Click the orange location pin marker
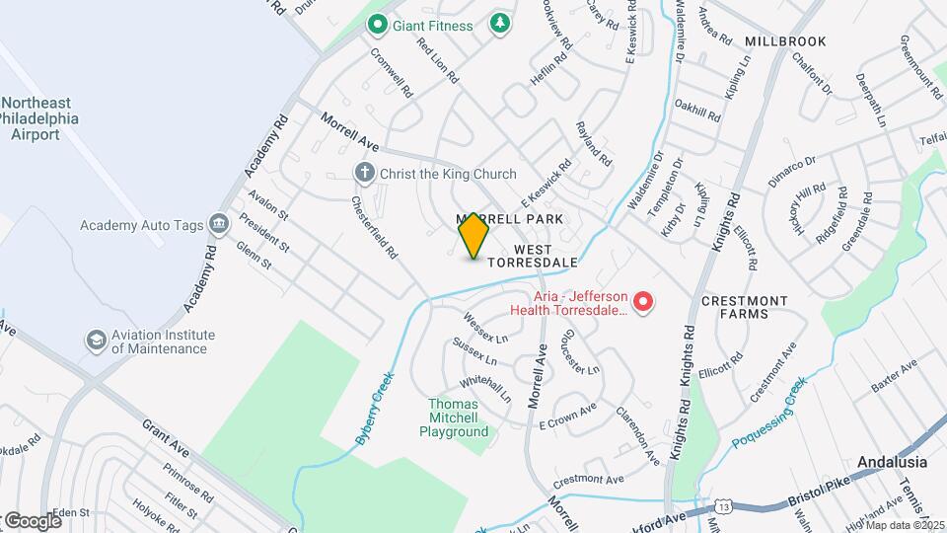(473, 235)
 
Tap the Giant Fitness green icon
(376, 24)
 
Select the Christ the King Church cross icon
(364, 174)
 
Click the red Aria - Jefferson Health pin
(643, 301)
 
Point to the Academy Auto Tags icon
(219, 224)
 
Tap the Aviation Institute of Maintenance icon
(96, 341)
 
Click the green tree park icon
(501, 23)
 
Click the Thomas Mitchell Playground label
(454, 418)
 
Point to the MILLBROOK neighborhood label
(784, 42)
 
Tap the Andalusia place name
(892, 462)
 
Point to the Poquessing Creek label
(770, 413)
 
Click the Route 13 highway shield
(725, 505)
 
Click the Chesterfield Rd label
(375, 226)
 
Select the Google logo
(32, 520)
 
